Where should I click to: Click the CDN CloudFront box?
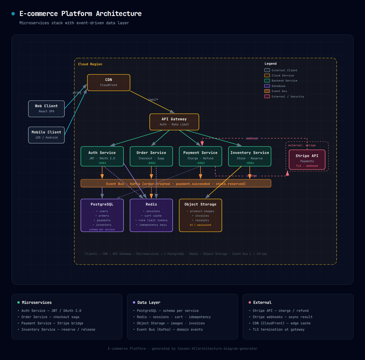click(109, 83)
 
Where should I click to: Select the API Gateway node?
click(174, 122)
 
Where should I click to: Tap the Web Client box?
click(46, 109)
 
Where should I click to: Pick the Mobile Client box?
click(46, 135)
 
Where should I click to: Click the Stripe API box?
click(307, 160)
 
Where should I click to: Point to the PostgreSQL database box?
click(102, 215)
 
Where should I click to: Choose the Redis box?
click(151, 215)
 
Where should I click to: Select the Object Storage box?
click(200, 215)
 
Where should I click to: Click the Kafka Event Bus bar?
click(176, 184)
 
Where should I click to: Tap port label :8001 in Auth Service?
click(102, 163)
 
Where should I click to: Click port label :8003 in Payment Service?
click(200, 163)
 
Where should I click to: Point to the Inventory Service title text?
click(250, 153)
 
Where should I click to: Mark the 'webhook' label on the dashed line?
click(252, 139)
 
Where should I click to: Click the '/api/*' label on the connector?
click(153, 100)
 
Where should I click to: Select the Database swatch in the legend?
click(267, 86)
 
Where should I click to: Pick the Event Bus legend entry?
click(279, 91)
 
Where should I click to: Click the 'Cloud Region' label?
click(90, 64)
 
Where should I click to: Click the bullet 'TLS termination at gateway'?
click(278, 330)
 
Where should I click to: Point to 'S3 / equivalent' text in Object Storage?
click(200, 225)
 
